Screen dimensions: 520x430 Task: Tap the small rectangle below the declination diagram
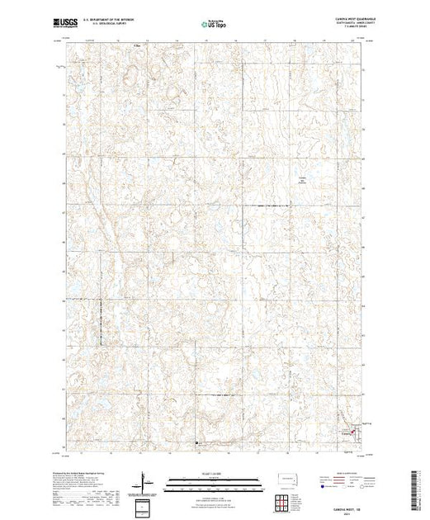click(x=145, y=506)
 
